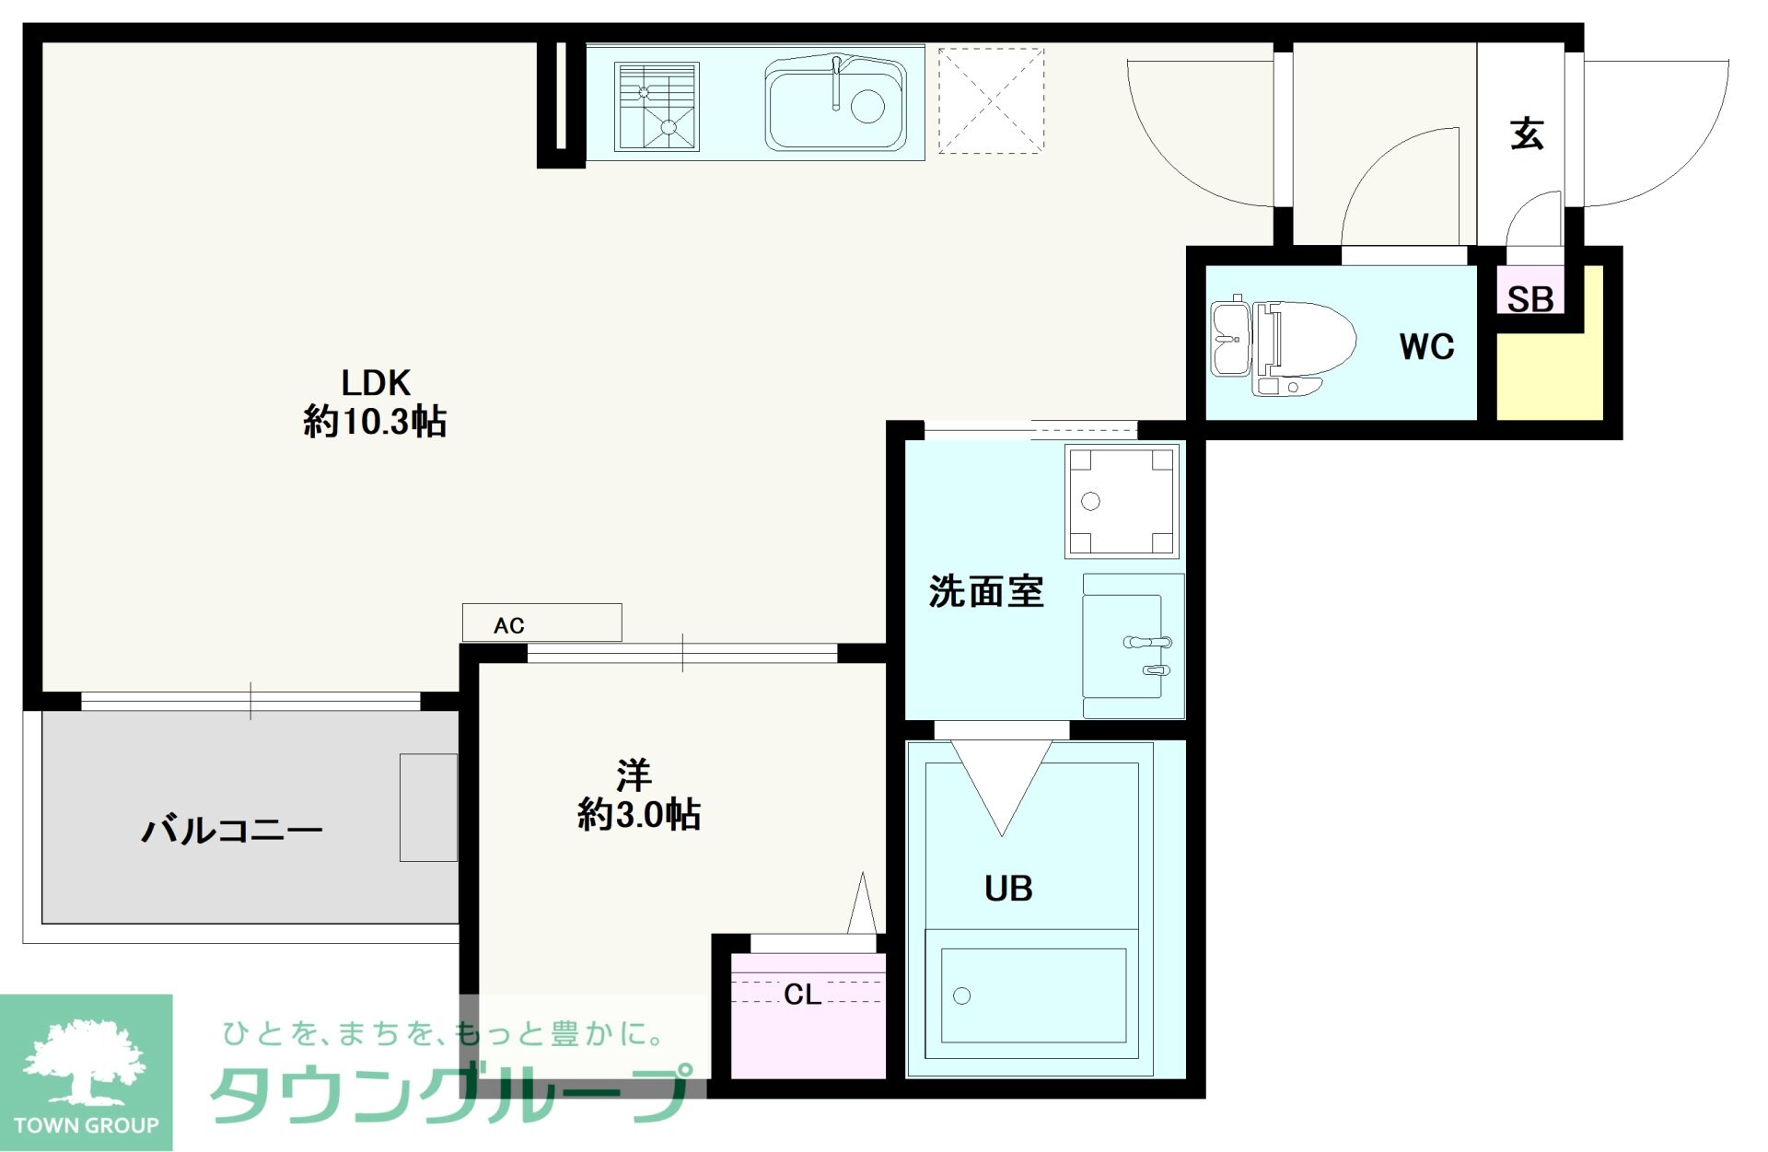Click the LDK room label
click(376, 382)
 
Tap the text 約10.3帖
click(375, 423)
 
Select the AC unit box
click(541, 623)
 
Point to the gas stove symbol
click(657, 106)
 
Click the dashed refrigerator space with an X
click(991, 100)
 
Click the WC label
click(1426, 347)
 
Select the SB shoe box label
click(1530, 298)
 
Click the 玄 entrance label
click(1527, 134)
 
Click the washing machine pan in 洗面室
click(1122, 502)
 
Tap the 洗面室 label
click(986, 591)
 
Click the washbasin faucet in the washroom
click(1147, 642)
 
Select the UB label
click(1008, 889)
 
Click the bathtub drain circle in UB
click(962, 995)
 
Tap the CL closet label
click(802, 995)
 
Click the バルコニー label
click(232, 831)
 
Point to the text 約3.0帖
click(639, 815)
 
